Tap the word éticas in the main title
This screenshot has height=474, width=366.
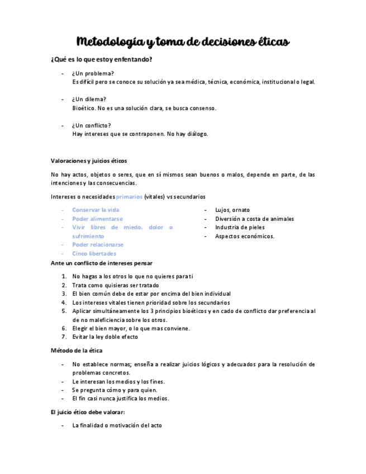(269, 42)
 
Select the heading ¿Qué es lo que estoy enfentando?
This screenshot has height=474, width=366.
(101, 59)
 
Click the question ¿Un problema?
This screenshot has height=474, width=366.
(93, 73)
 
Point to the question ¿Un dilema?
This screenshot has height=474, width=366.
(89, 99)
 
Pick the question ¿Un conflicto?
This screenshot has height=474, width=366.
(92, 125)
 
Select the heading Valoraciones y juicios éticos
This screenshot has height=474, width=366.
(89, 160)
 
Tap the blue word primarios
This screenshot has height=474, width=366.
(129, 197)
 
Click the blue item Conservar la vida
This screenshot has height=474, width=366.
(96, 210)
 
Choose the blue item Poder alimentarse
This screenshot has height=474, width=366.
(97, 219)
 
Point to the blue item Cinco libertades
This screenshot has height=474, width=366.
(94, 253)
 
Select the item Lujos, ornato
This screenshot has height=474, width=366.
(232, 210)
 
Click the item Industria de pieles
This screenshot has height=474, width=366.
(240, 227)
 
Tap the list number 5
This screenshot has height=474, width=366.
(65, 311)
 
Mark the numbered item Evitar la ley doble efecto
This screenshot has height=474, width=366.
(105, 337)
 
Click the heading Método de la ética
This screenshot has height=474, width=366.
(77, 350)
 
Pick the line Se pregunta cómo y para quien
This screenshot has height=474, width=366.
(115, 390)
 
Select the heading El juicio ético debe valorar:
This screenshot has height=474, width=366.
(88, 412)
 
